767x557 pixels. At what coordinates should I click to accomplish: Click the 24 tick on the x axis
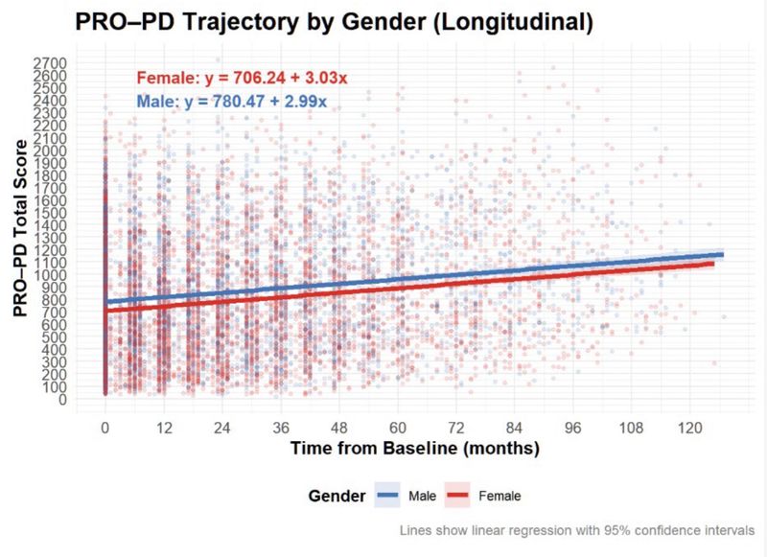pos(222,429)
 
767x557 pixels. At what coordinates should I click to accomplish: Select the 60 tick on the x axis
pos(398,429)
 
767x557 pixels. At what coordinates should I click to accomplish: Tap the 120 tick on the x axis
pos(690,429)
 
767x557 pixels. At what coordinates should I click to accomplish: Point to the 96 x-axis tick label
pos(573,429)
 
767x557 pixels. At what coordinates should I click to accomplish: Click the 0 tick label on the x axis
pos(105,429)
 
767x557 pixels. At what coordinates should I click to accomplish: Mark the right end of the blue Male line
pos(722,254)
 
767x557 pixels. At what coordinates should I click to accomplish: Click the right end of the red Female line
pos(712,265)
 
